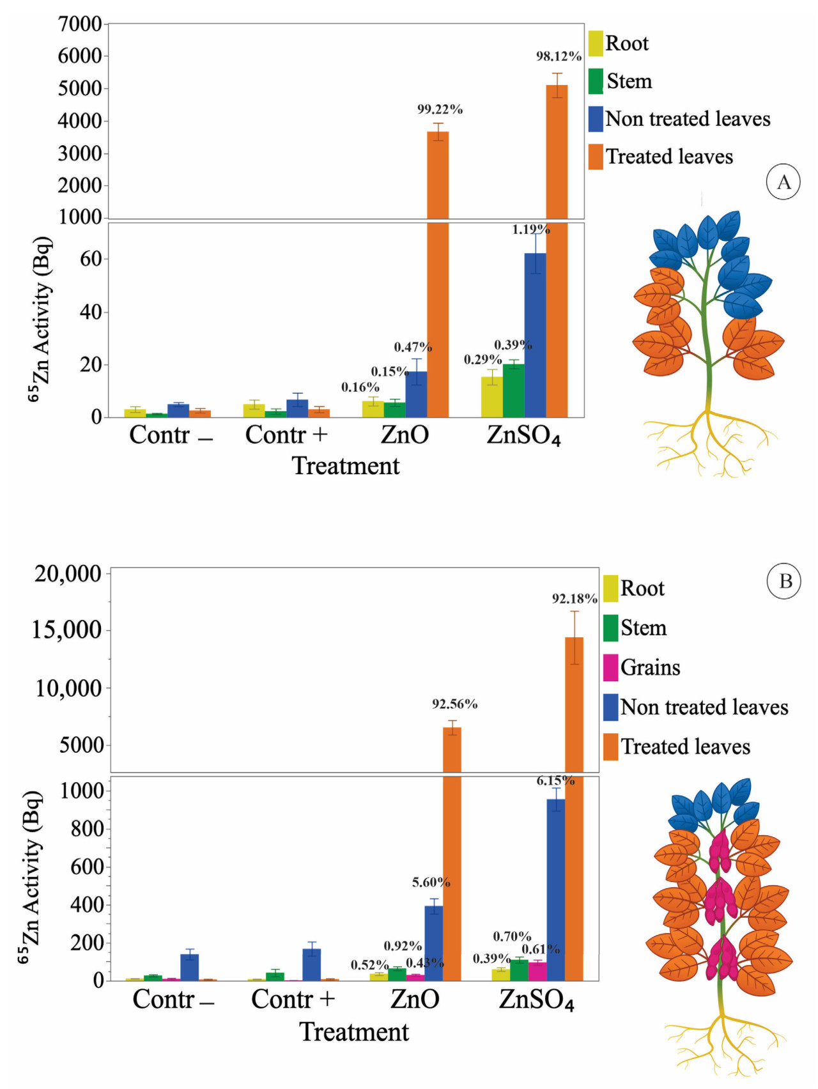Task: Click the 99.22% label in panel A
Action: click(x=440, y=109)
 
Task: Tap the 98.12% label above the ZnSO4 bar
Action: click(x=559, y=56)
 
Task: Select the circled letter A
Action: click(x=783, y=182)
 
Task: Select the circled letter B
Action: click(x=785, y=581)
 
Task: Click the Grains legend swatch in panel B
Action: click(x=610, y=668)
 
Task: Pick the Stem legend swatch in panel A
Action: click(x=596, y=81)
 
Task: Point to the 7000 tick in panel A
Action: click(x=80, y=24)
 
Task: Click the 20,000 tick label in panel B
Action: click(x=68, y=573)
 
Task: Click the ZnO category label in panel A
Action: click(x=405, y=435)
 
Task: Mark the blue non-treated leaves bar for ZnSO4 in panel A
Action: click(x=536, y=335)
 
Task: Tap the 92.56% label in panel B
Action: click(x=454, y=704)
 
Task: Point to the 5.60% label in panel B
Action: click(x=431, y=883)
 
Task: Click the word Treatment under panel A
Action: click(x=346, y=466)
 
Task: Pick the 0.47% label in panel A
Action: click(x=413, y=347)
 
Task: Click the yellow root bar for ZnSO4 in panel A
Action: click(x=491, y=397)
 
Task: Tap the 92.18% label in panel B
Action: click(x=575, y=599)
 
